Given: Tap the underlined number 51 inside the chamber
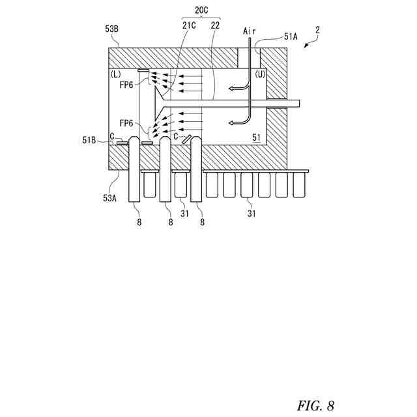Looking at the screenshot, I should click(x=255, y=137).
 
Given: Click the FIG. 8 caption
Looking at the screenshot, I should click(x=316, y=405).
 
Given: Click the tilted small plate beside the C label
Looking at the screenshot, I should click(x=186, y=139).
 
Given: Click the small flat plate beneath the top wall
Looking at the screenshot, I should click(x=144, y=70).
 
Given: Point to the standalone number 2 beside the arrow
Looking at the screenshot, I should click(x=317, y=29).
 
